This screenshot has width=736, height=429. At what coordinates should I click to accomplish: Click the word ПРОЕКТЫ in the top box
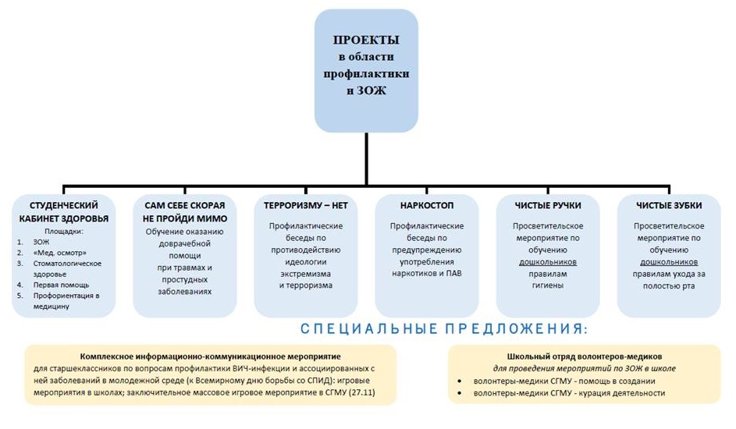click(x=366, y=40)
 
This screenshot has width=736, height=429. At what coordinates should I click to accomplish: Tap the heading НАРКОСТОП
click(x=427, y=205)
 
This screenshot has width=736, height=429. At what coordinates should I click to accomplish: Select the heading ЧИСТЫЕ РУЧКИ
click(x=548, y=205)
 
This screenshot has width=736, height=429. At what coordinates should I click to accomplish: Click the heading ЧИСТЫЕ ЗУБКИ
click(x=669, y=205)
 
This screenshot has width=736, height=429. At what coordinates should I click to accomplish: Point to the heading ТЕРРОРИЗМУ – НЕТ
click(x=306, y=205)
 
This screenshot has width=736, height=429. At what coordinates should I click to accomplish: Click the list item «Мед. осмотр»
click(x=59, y=253)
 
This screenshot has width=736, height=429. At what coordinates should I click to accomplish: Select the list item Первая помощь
click(x=61, y=285)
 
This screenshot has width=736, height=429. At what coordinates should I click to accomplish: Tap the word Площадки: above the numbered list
click(x=64, y=231)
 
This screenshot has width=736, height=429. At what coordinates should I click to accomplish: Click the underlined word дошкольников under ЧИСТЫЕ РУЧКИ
click(x=548, y=262)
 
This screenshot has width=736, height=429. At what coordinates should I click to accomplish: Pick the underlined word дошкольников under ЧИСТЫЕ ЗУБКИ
click(x=669, y=262)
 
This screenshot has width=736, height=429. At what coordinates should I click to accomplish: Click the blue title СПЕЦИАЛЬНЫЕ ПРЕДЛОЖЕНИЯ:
click(x=444, y=328)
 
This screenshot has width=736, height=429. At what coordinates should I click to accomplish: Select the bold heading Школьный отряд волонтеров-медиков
click(x=585, y=356)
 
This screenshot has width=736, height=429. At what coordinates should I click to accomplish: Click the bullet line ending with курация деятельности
click(x=569, y=393)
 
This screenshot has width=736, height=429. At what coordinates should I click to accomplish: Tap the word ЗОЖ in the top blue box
click(x=372, y=90)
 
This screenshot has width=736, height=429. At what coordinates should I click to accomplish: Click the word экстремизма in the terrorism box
click(x=306, y=274)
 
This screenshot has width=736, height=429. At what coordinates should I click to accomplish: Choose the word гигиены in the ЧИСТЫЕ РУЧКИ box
click(x=548, y=285)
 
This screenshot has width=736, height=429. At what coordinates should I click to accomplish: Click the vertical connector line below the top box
click(x=366, y=159)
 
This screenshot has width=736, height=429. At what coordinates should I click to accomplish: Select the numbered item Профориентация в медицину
click(x=66, y=300)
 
